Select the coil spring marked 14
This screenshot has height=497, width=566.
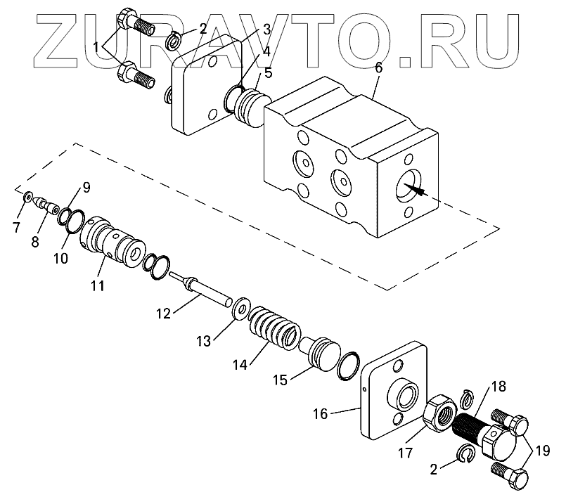276,329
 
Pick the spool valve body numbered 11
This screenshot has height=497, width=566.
112,243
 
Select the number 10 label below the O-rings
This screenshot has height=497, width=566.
60,258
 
